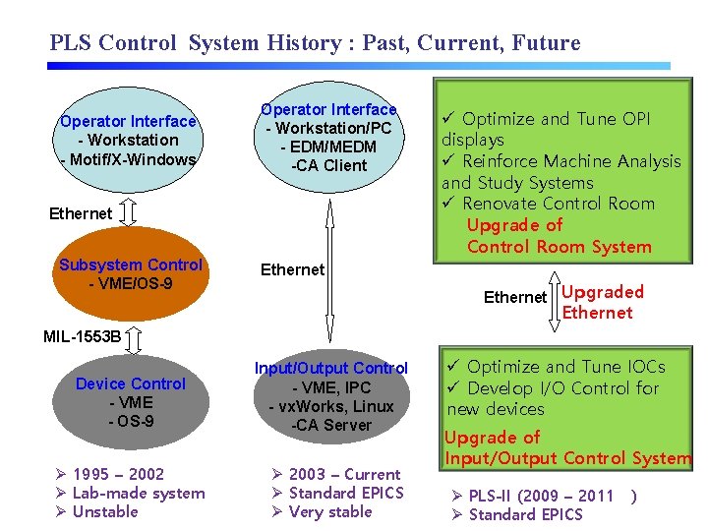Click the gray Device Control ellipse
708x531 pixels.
click(131, 402)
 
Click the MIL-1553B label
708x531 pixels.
click(83, 337)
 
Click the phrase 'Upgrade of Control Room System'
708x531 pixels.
click(558, 236)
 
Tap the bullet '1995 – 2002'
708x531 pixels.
click(118, 474)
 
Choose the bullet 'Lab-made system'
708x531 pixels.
click(138, 493)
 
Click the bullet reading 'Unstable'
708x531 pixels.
click(105, 511)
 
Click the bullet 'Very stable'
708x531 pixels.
click(330, 511)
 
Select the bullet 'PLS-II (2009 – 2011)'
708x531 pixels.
click(541, 496)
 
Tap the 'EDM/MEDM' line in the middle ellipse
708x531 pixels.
click(328, 147)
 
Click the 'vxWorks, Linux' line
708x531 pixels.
click(330, 406)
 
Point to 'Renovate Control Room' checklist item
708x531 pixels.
click(557, 204)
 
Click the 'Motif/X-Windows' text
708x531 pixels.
click(129, 158)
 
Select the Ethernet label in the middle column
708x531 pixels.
click(292, 269)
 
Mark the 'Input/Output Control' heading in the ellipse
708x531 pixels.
click(330, 368)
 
